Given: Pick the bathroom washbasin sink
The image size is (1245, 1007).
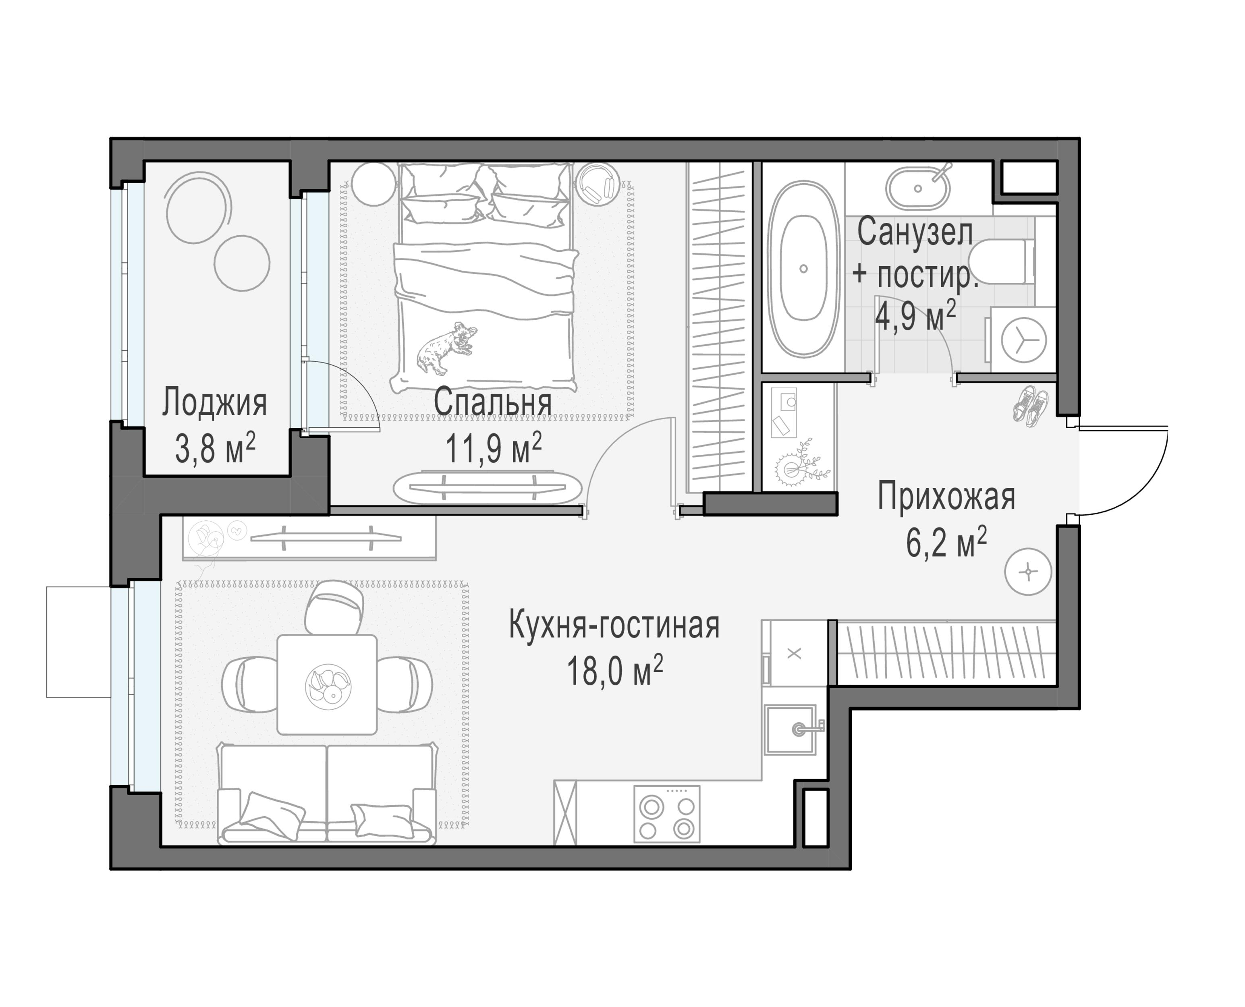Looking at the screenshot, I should (918, 189).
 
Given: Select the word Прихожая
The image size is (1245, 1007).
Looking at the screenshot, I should (946, 498).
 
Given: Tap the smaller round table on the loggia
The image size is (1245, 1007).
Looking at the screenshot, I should (241, 262).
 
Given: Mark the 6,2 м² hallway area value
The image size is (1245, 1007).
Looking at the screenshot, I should (946, 543).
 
